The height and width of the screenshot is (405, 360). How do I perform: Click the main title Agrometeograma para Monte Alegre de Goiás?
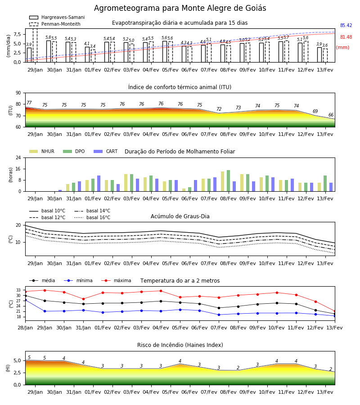pyautogui.click(x=180, y=8)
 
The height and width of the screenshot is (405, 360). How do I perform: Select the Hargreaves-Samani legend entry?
pyautogui.click(x=57, y=17)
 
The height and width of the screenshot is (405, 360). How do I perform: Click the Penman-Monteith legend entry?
pyautogui.click(x=55, y=24)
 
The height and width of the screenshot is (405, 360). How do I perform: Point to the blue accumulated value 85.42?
pyautogui.click(x=346, y=25)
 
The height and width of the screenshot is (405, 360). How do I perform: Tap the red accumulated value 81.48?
pyautogui.click(x=346, y=37)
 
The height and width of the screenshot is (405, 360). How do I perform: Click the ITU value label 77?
pyautogui.click(x=29, y=103)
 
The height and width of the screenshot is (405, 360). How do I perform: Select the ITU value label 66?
pyautogui.click(x=331, y=115)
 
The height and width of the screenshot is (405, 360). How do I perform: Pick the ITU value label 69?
pyautogui.click(x=315, y=111)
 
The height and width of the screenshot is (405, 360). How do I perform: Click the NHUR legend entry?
pyautogui.click(x=42, y=151)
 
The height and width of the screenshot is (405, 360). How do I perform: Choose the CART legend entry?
pyautogui.click(x=106, y=151)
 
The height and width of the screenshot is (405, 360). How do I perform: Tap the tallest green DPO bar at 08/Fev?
pyautogui.click(x=228, y=181)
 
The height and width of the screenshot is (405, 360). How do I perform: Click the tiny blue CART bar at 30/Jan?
pyautogui.click(x=60, y=191)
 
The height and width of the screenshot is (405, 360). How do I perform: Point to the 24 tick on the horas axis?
pyautogui.click(x=18, y=157)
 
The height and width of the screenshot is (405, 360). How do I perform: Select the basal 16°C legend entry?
pyautogui.click(x=92, y=217)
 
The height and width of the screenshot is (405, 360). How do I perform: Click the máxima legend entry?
pyautogui.click(x=117, y=280)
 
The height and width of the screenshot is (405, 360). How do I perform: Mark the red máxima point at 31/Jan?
pyautogui.click(x=83, y=299)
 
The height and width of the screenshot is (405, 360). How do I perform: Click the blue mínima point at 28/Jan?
pyautogui.click(x=25, y=300)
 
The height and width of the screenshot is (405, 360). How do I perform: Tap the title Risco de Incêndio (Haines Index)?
pyautogui.click(x=180, y=345)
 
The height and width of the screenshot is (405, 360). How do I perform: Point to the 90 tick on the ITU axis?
pyautogui.click(x=18, y=93)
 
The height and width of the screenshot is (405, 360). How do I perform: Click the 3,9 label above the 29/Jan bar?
pyautogui.click(x=29, y=45)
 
